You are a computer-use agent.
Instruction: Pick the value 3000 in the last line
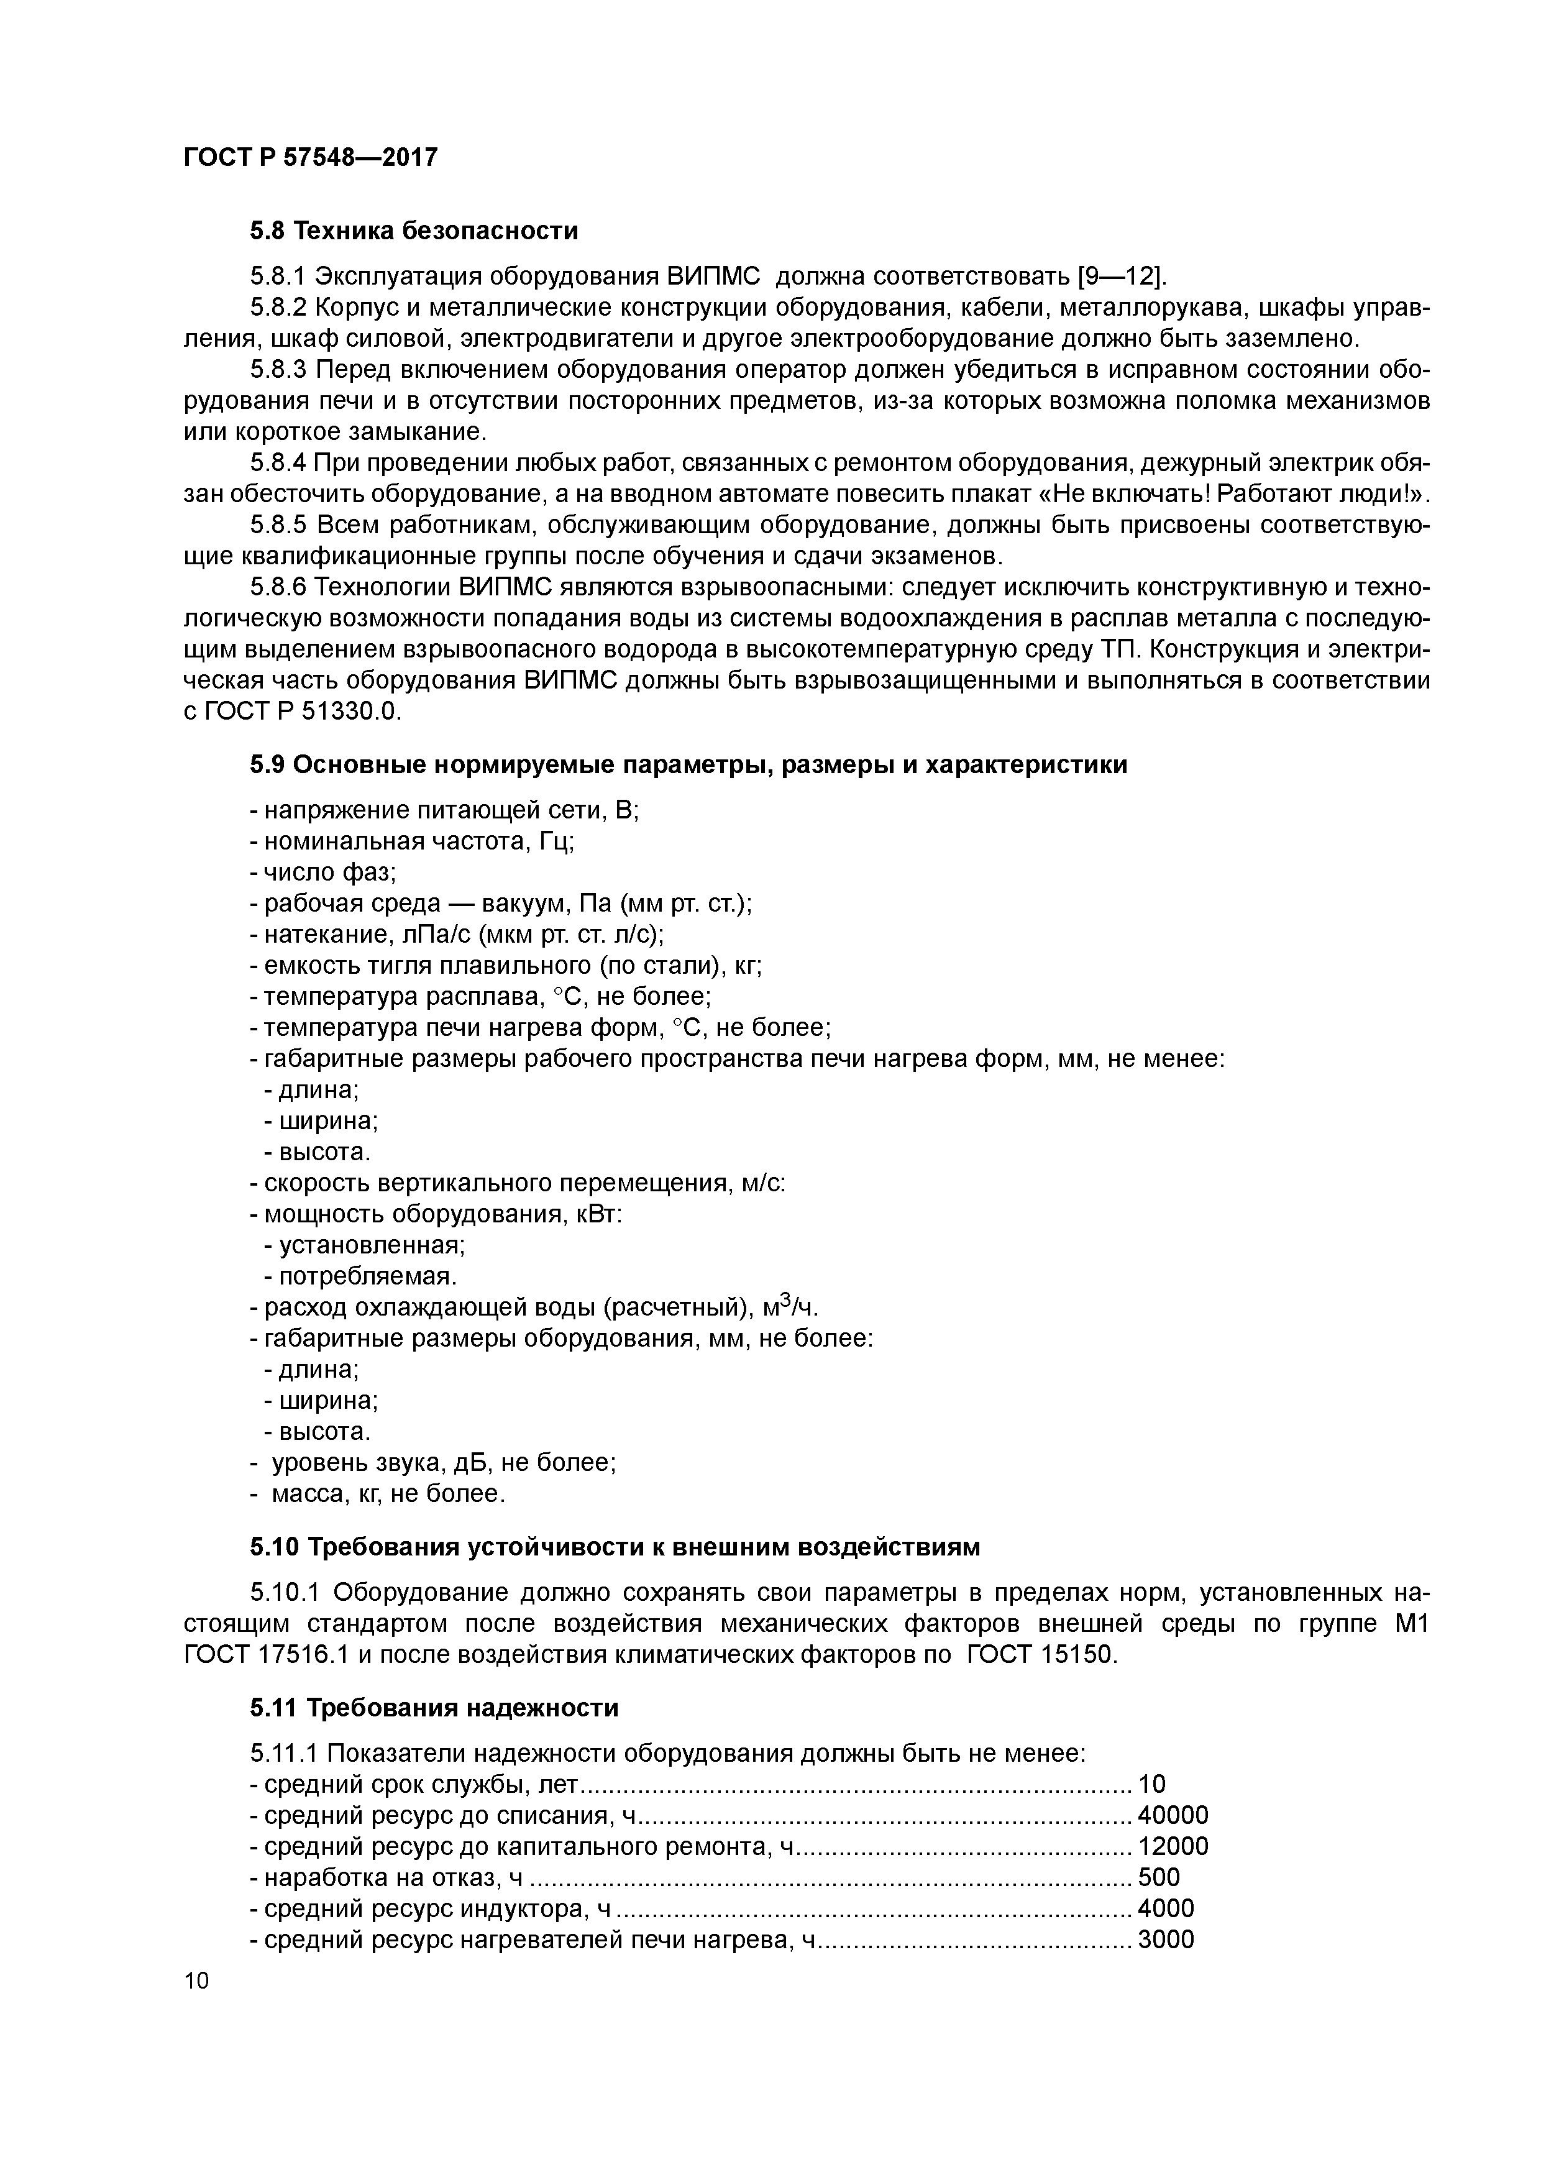[x=1165, y=1940]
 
